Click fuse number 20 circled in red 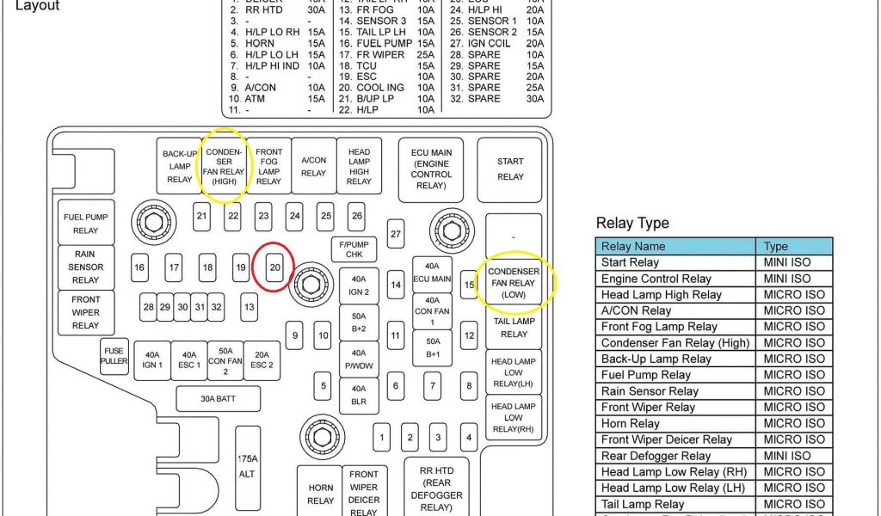(x=275, y=267)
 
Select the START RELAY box (x=510, y=169)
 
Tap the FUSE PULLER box (x=114, y=356)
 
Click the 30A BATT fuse (x=218, y=399)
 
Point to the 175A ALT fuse (x=248, y=466)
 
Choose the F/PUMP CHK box (x=354, y=249)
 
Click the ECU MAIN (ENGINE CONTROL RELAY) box (x=431, y=169)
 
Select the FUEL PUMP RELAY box (x=85, y=224)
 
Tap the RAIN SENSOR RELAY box (x=85, y=267)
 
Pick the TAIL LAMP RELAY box (x=514, y=328)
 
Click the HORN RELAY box (x=320, y=494)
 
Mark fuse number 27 (x=396, y=233)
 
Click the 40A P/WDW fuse (x=359, y=359)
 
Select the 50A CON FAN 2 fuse (x=225, y=360)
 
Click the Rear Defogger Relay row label (x=656, y=457)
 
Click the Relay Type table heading (x=632, y=224)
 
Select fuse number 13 (x=249, y=306)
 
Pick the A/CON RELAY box (x=313, y=167)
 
